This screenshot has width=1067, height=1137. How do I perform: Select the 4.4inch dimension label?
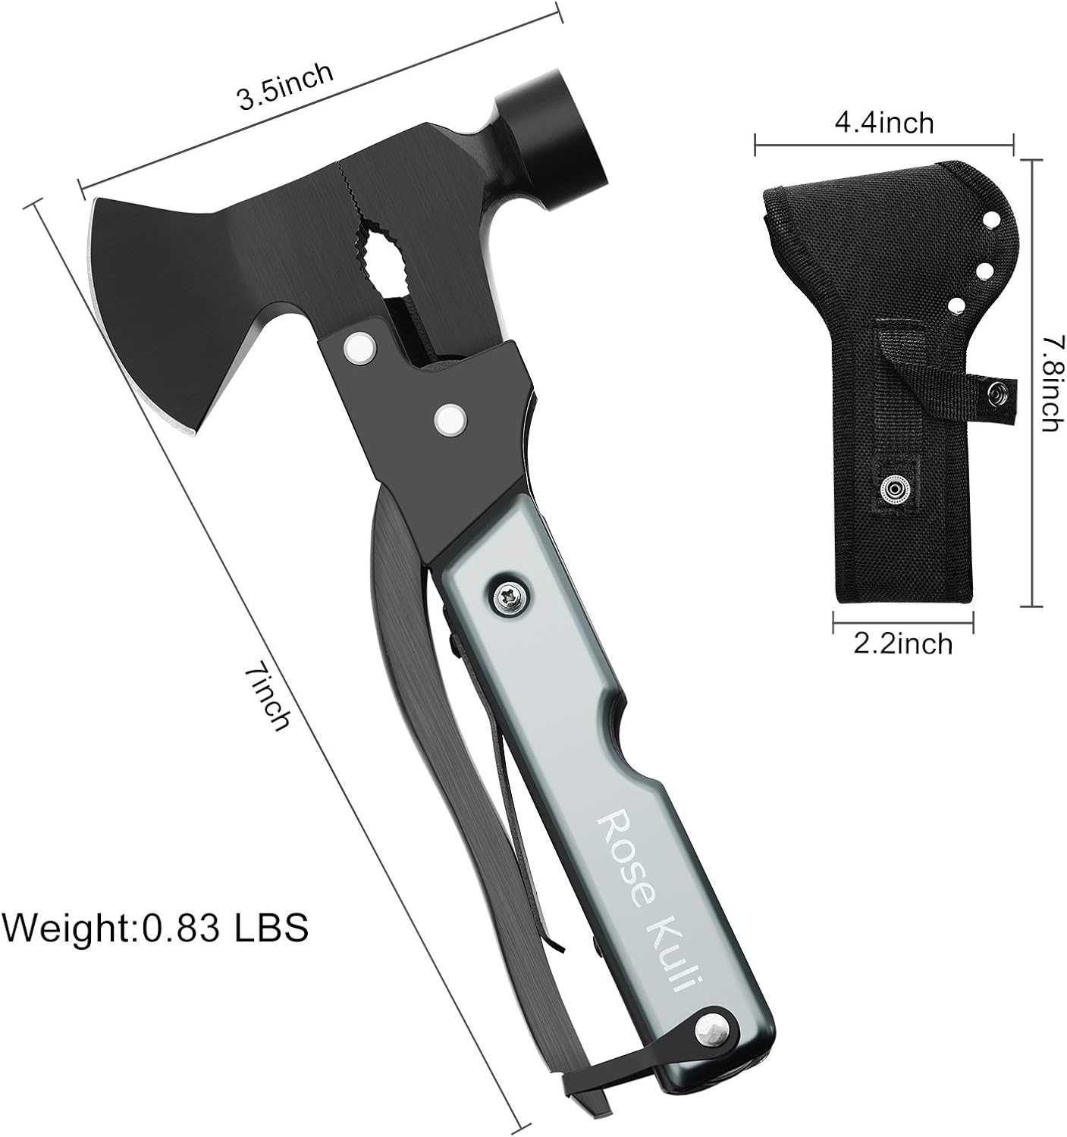pyautogui.click(x=883, y=123)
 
